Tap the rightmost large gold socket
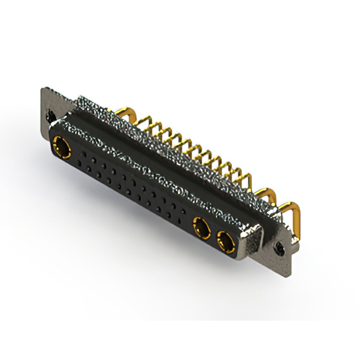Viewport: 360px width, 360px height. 227,242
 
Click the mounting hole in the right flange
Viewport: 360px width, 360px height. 278,245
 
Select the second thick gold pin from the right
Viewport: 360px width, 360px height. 263,195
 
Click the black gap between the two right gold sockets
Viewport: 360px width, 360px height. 214,235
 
